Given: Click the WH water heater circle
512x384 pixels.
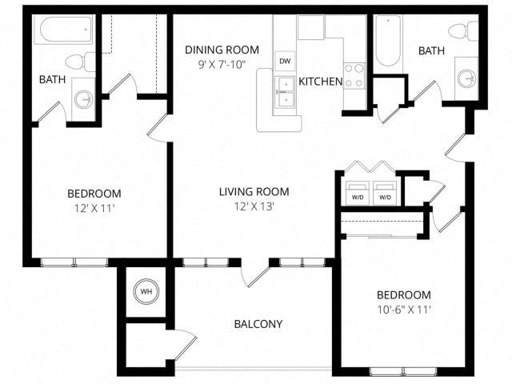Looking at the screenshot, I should pyautogui.click(x=146, y=292).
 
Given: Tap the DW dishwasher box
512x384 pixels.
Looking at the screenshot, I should pyautogui.click(x=285, y=61).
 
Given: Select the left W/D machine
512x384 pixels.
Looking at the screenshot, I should pyautogui.click(x=358, y=195).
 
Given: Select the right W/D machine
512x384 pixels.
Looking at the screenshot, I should pyautogui.click(x=385, y=195).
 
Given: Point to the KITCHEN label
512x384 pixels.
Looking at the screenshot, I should pyautogui.click(x=321, y=82).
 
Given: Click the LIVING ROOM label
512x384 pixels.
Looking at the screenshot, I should pyautogui.click(x=254, y=192).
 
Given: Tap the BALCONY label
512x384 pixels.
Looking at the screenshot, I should pyautogui.click(x=258, y=324).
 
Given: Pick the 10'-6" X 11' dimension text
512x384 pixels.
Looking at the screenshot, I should pyautogui.click(x=403, y=310).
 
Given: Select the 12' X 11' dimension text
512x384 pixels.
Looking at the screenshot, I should pyautogui.click(x=94, y=208).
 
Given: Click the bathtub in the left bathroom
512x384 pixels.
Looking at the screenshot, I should pyautogui.click(x=65, y=30).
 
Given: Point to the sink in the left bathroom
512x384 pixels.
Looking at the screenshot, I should pyautogui.click(x=83, y=99).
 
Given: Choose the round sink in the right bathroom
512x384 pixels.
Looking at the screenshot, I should pyautogui.click(x=468, y=78).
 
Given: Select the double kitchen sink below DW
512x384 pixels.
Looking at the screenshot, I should pyautogui.click(x=285, y=92).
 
